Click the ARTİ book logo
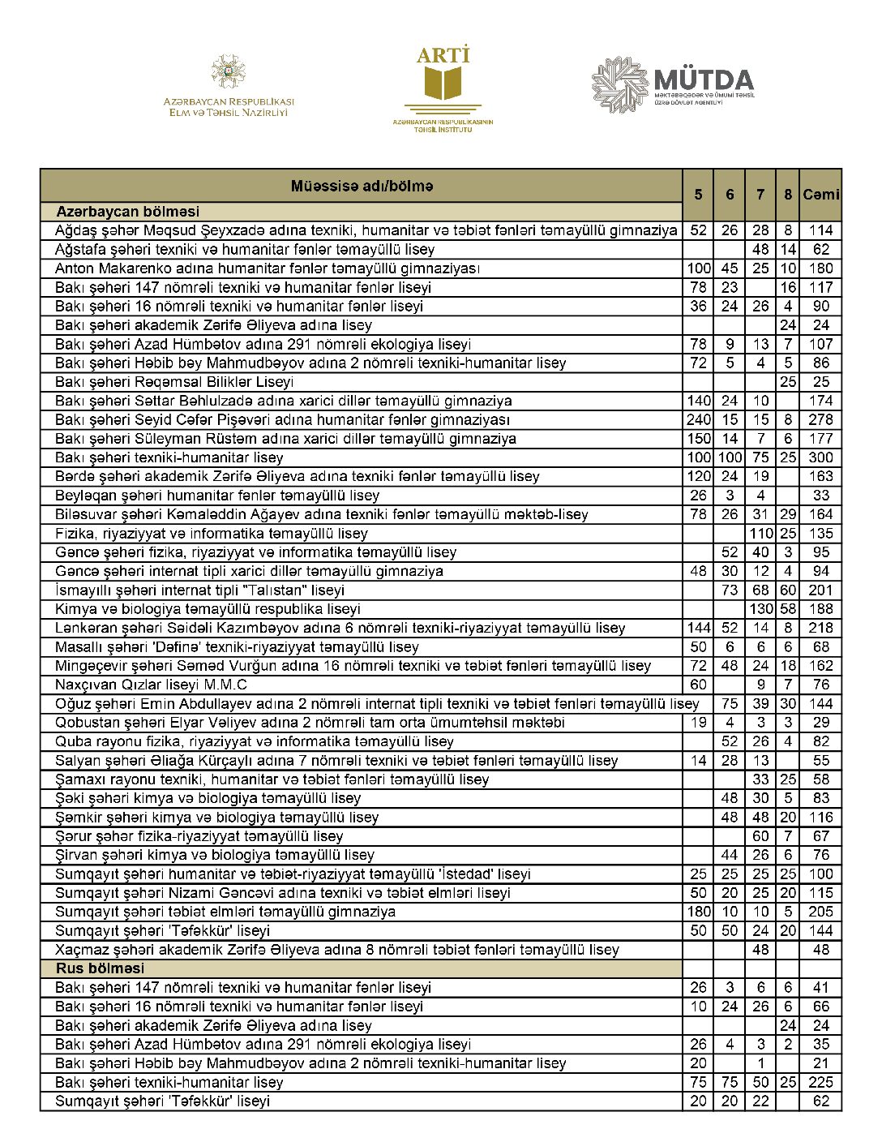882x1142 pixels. (x=443, y=85)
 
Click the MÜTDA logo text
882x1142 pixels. (x=704, y=80)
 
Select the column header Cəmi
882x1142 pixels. (x=820, y=195)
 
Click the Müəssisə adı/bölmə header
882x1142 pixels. (x=362, y=187)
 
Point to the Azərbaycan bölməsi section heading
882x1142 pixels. (x=127, y=212)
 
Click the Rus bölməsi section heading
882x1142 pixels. (x=100, y=968)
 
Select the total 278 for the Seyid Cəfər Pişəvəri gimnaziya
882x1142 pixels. (x=820, y=419)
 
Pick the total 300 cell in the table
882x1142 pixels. (x=820, y=457)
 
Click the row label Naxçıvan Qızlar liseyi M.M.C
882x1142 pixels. (x=151, y=685)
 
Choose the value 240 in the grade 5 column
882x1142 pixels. (x=698, y=419)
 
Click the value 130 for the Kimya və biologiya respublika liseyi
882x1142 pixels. (x=760, y=609)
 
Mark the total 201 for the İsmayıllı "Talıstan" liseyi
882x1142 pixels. (x=820, y=590)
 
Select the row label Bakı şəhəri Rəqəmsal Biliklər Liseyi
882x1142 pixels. (x=174, y=382)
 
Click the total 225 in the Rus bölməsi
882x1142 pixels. (x=820, y=1082)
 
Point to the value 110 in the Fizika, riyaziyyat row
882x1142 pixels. (x=760, y=534)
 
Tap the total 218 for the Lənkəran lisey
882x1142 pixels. (x=820, y=628)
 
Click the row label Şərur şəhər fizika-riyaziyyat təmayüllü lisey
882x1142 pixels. (x=199, y=836)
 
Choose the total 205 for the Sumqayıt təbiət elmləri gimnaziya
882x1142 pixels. (x=820, y=912)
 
